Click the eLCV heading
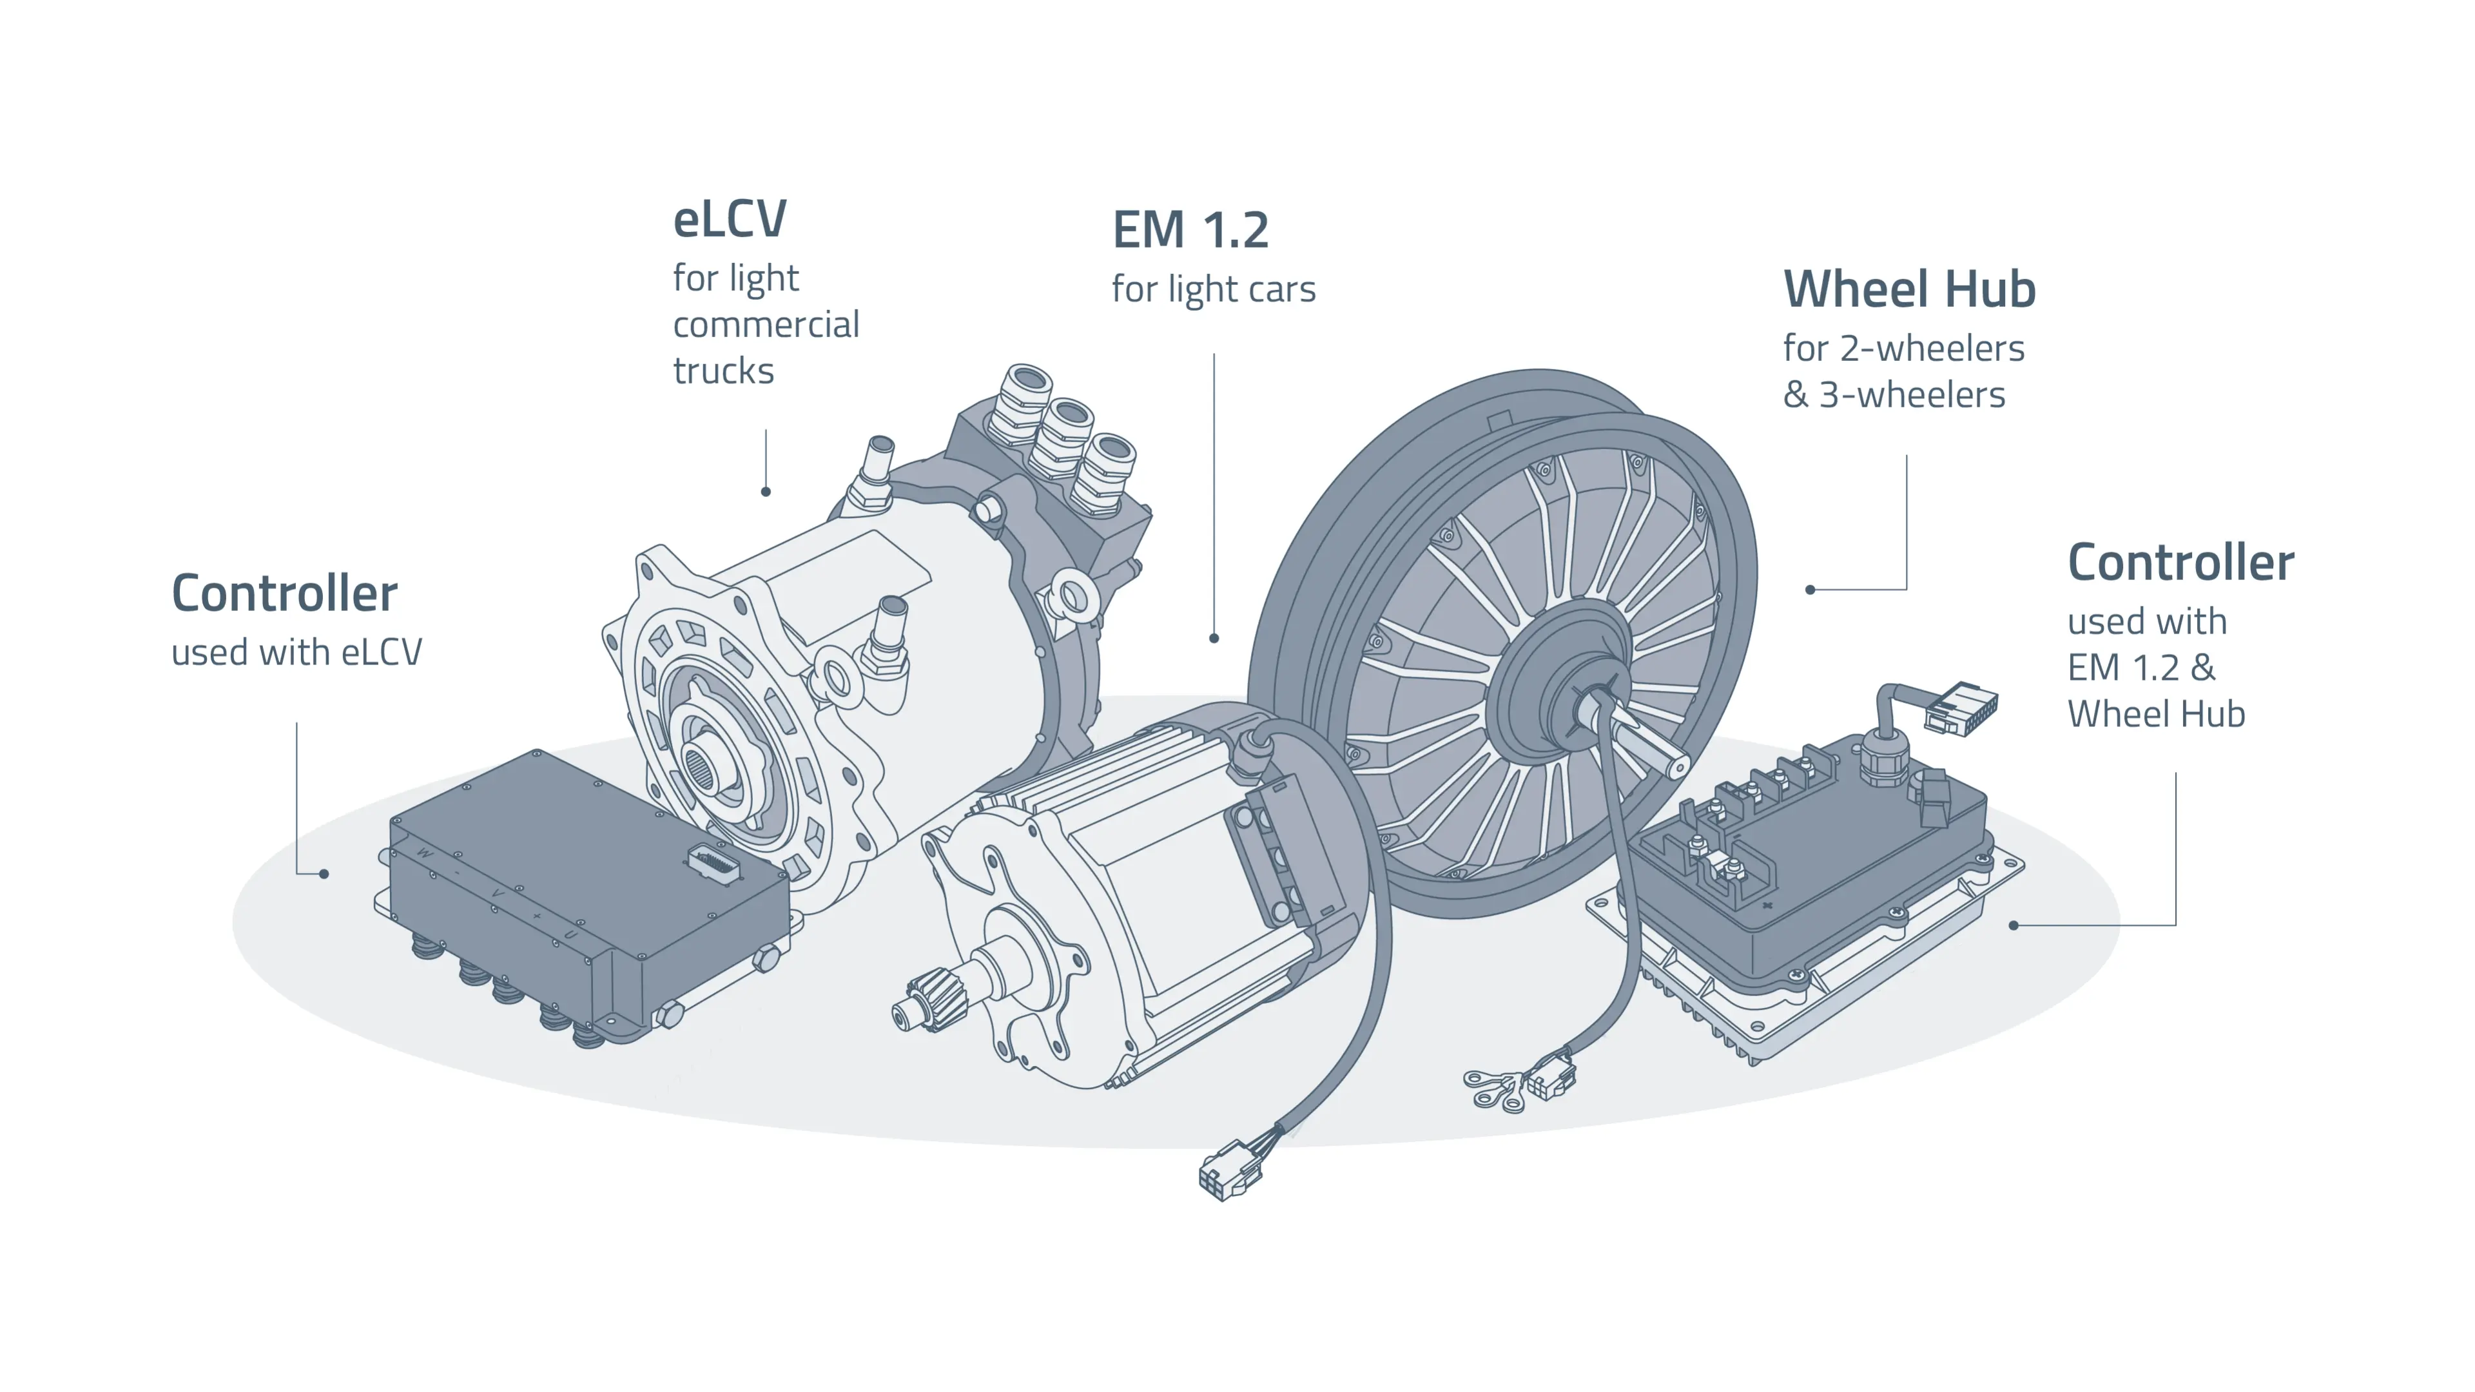click(729, 220)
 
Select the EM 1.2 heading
click(1189, 231)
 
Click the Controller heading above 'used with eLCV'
click(284, 594)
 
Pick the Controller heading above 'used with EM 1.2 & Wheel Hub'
click(2180, 563)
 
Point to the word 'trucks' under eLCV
click(723, 371)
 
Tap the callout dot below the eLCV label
click(766, 492)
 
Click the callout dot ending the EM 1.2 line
click(1214, 638)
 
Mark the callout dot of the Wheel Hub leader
click(1810, 590)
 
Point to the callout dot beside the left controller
click(325, 875)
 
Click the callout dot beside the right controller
click(2014, 925)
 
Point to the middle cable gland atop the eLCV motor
click(1063, 437)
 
